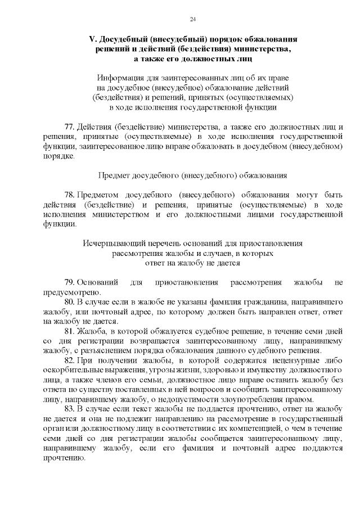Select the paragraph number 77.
69,127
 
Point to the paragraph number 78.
69,194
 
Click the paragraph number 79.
69,282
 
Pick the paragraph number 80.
69,301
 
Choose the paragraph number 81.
69,331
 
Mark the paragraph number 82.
69,360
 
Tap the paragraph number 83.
69,408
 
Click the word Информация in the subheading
121,78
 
